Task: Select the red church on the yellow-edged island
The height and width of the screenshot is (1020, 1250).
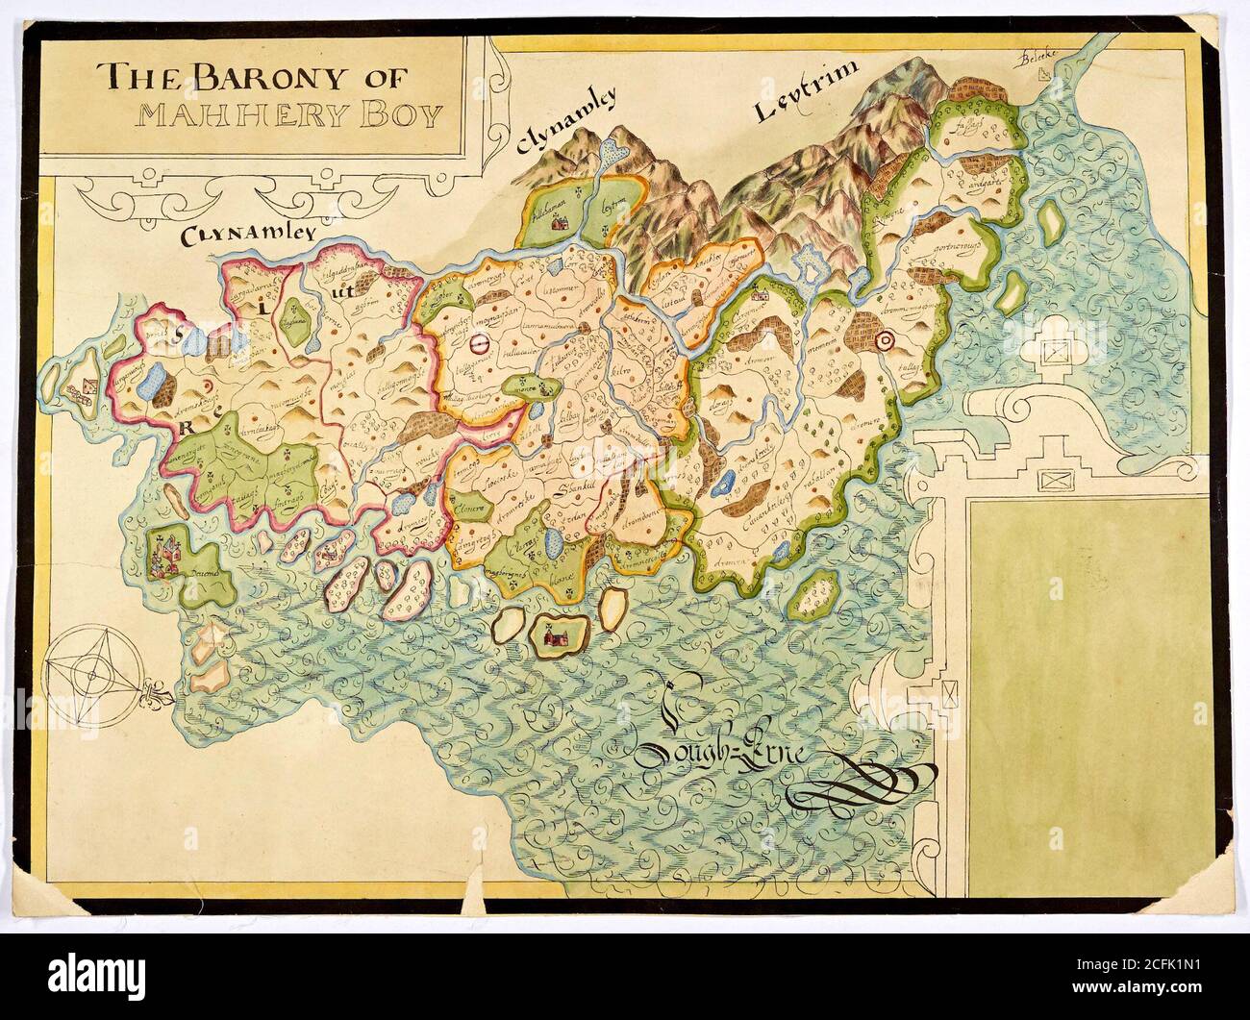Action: click(551, 634)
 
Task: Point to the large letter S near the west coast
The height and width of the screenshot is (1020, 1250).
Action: click(178, 335)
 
